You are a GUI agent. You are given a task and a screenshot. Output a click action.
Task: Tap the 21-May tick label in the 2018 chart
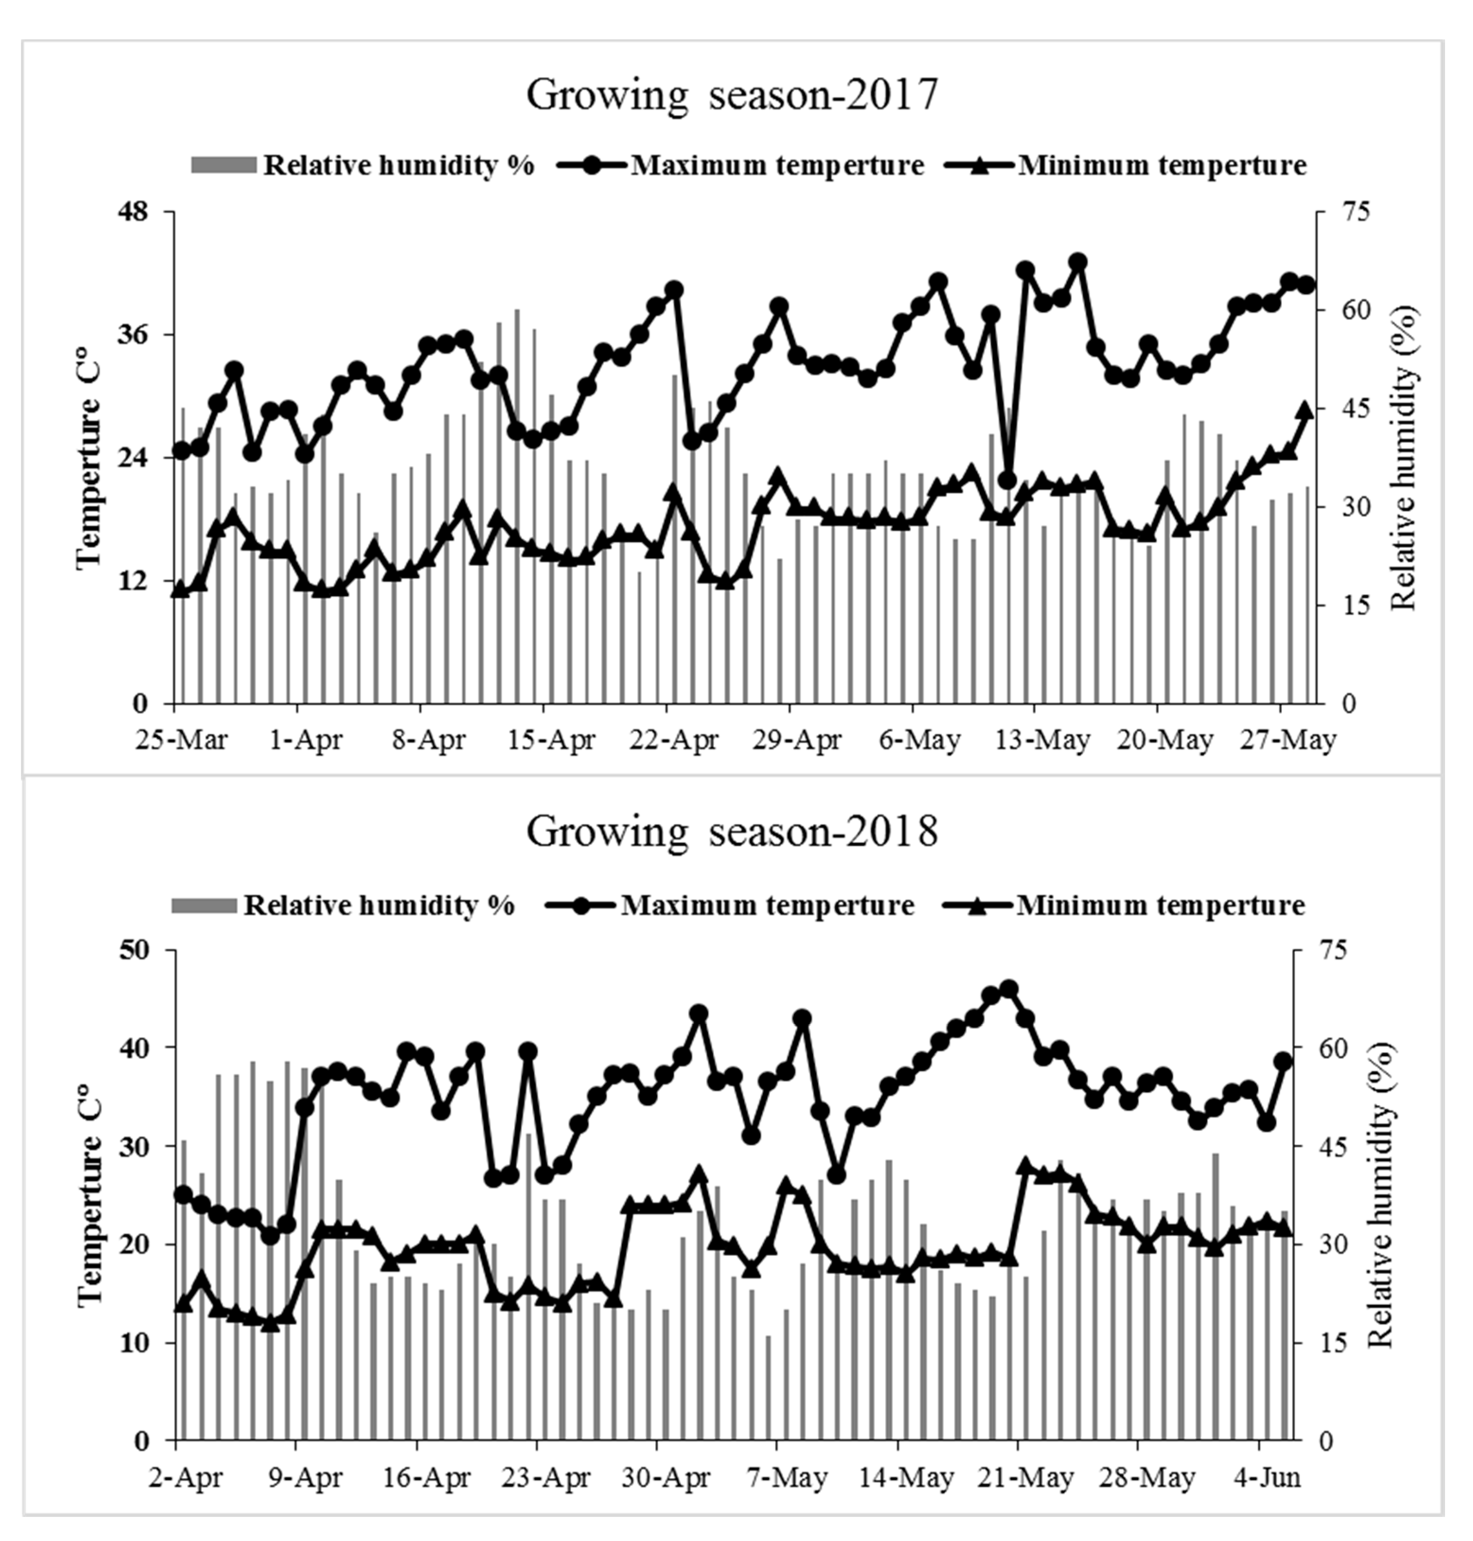tap(1028, 1477)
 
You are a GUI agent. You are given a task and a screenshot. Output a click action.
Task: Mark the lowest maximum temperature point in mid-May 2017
tap(1008, 480)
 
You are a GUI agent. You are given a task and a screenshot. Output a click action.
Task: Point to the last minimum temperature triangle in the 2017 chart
tap(1305, 411)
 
